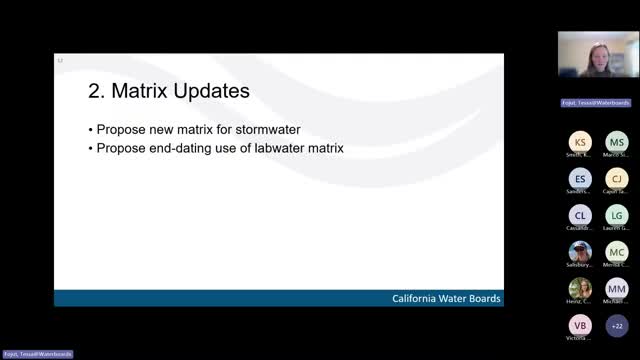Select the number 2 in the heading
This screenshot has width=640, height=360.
point(96,91)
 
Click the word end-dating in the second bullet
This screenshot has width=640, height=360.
point(182,149)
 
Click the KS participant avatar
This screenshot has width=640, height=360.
point(580,143)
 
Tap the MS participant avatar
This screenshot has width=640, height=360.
point(616,143)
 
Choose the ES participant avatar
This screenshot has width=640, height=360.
point(580,179)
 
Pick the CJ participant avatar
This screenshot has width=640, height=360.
point(616,179)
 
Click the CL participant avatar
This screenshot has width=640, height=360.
point(580,215)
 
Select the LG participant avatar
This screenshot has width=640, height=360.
point(616,215)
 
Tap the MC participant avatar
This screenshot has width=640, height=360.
point(616,252)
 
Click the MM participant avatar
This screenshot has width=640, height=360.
point(616,288)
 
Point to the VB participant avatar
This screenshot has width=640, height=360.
point(580,325)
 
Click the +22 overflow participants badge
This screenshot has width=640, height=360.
point(616,325)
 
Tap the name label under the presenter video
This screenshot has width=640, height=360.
point(598,102)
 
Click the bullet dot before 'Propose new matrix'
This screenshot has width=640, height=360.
point(90,130)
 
